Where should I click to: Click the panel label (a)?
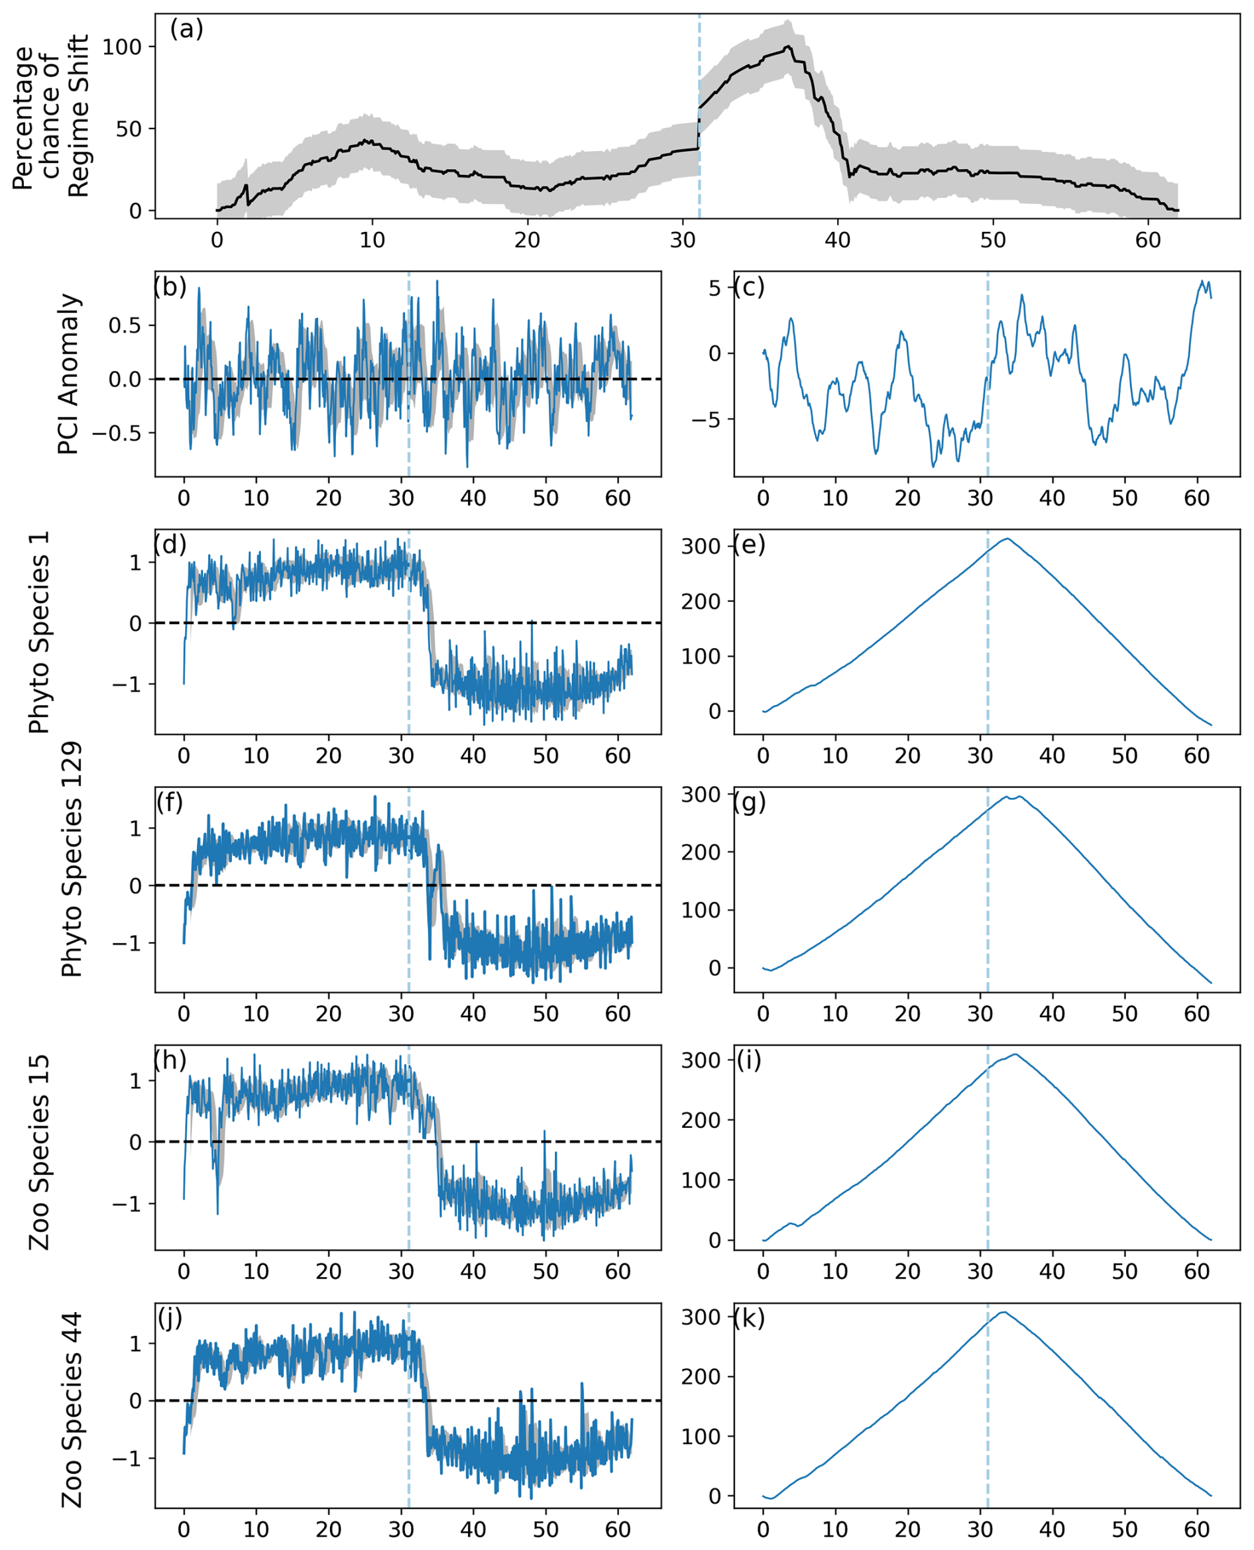pyautogui.click(x=186, y=30)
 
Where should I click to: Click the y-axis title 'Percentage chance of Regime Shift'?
pyautogui.click(x=50, y=115)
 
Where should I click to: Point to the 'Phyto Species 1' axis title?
pyautogui.click(x=40, y=632)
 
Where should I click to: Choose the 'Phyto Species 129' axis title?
pyautogui.click(x=72, y=859)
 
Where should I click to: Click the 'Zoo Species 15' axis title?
pyautogui.click(x=40, y=1152)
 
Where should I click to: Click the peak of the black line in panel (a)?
pyautogui.click(x=789, y=47)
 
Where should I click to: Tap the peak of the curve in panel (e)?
pyautogui.click(x=1007, y=539)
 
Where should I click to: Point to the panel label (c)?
pyautogui.click(x=749, y=287)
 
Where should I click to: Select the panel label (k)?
pyautogui.click(x=749, y=1319)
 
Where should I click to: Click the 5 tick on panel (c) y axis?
pyautogui.click(x=714, y=288)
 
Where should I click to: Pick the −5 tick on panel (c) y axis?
pyautogui.click(x=706, y=419)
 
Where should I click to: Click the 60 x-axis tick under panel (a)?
pyautogui.click(x=1148, y=240)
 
